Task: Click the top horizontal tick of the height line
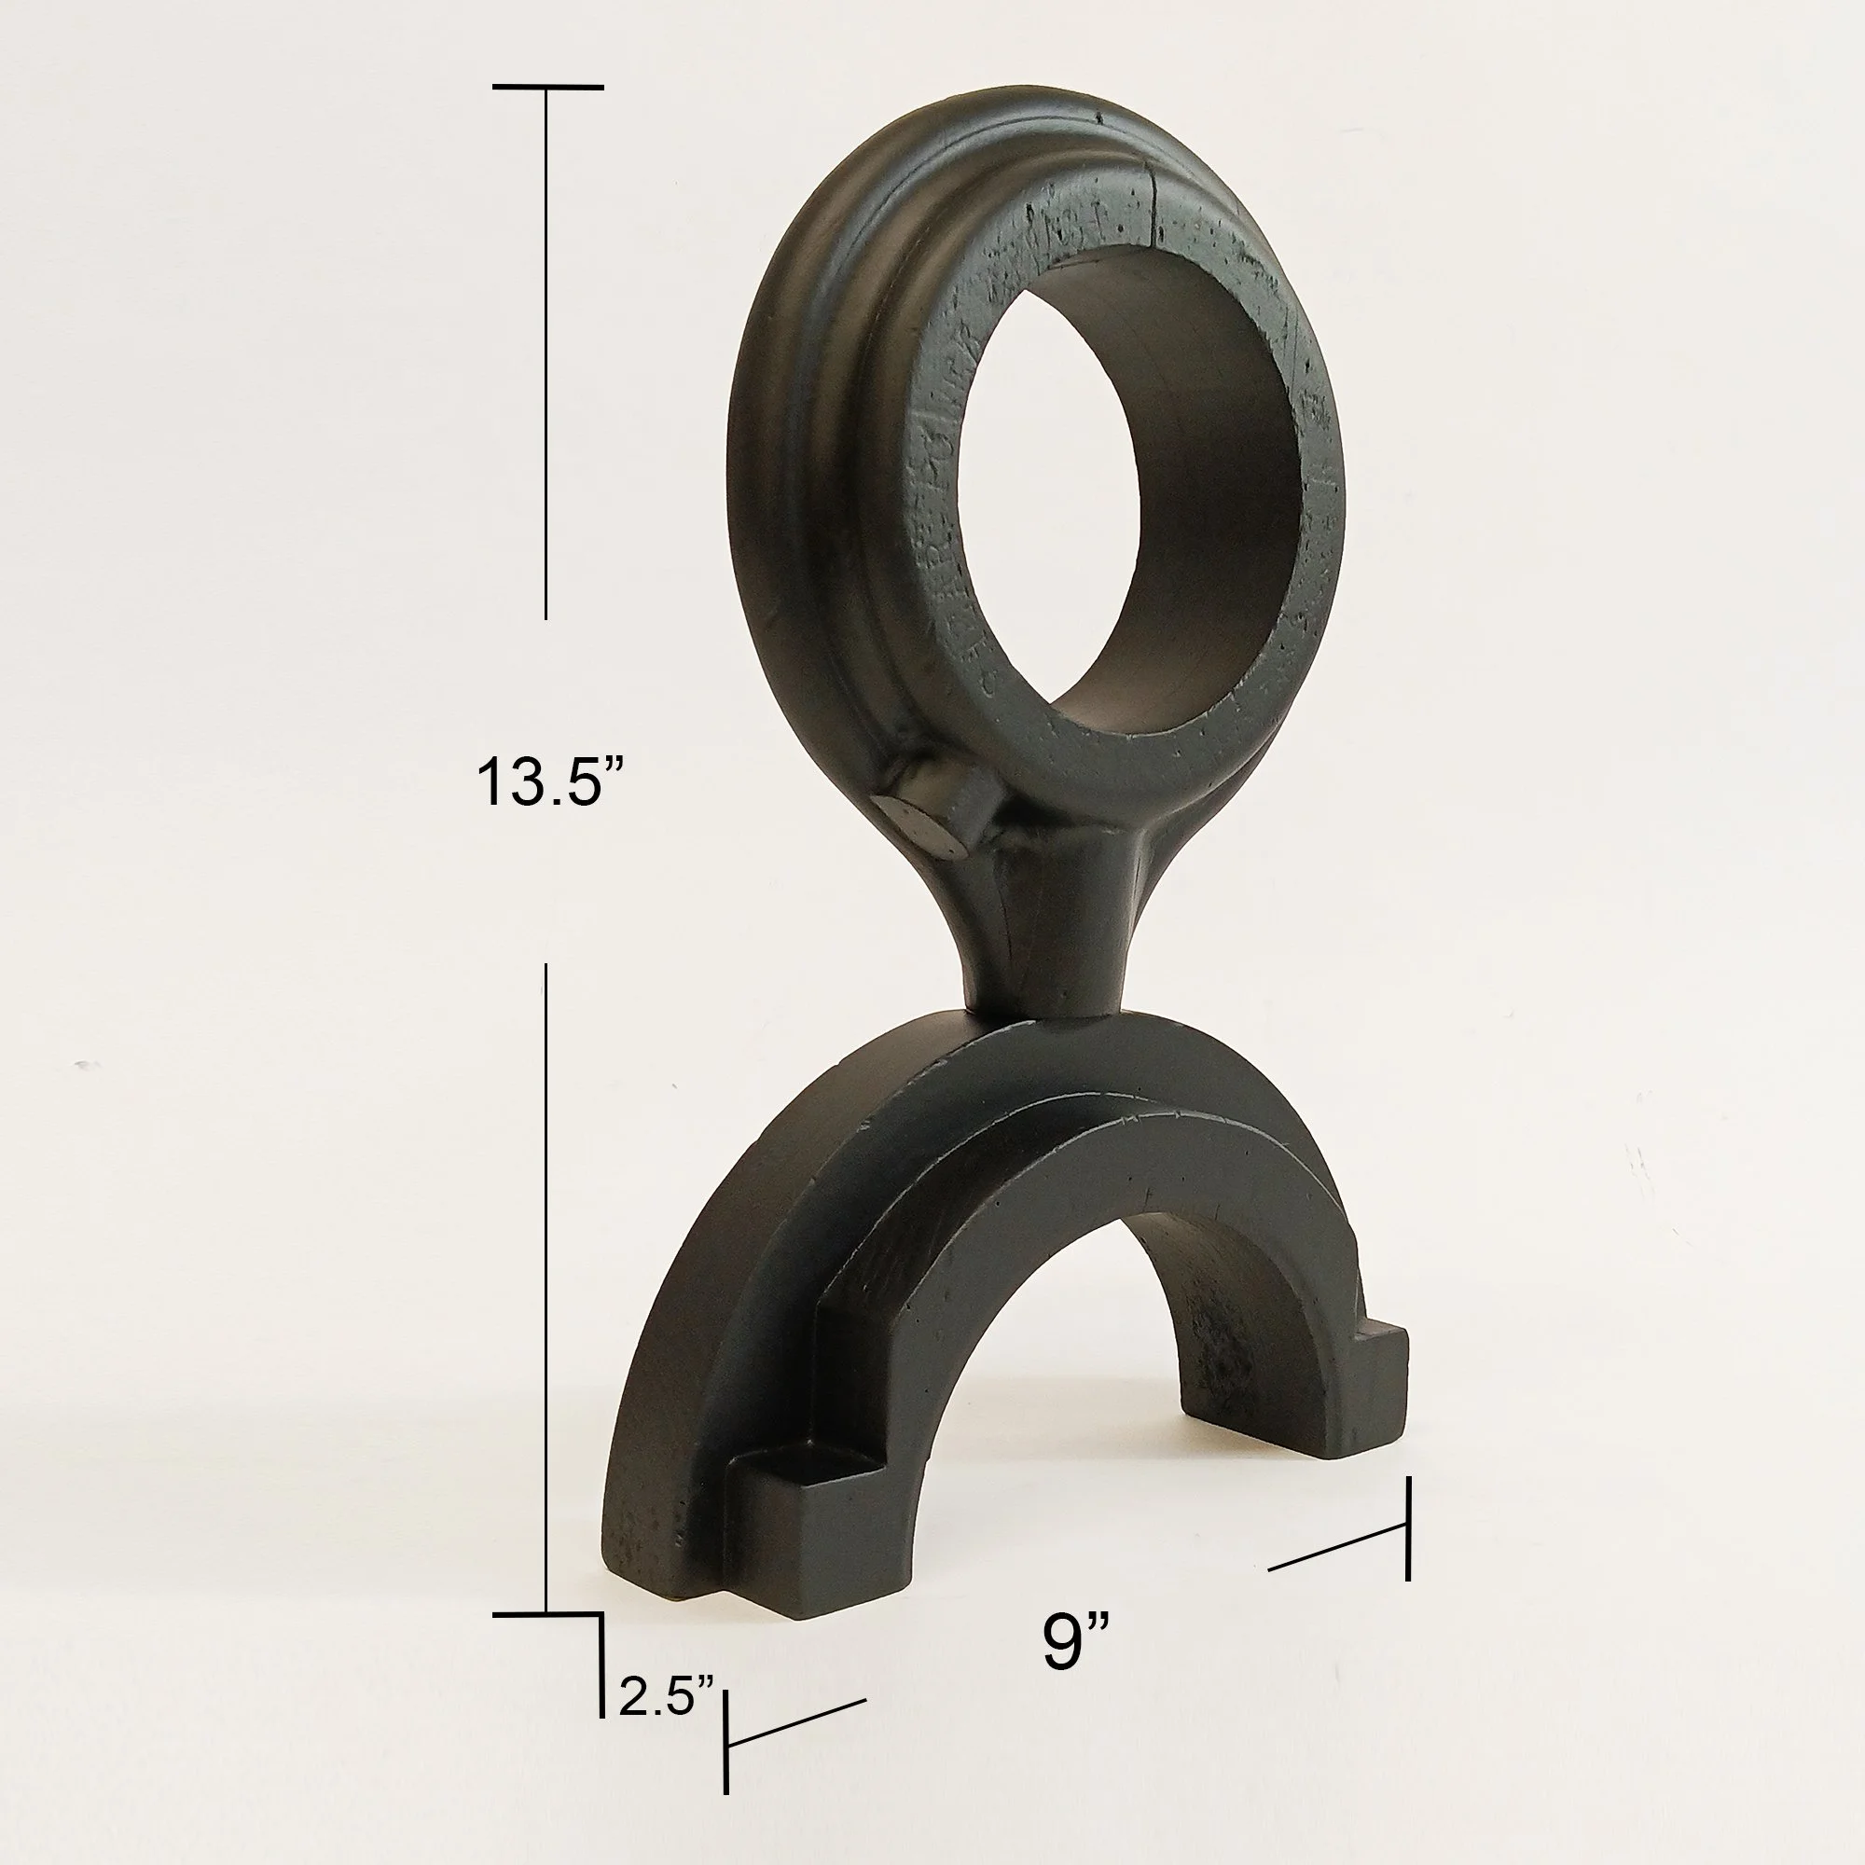pos(547,88)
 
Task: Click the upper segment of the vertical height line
pos(546,357)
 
